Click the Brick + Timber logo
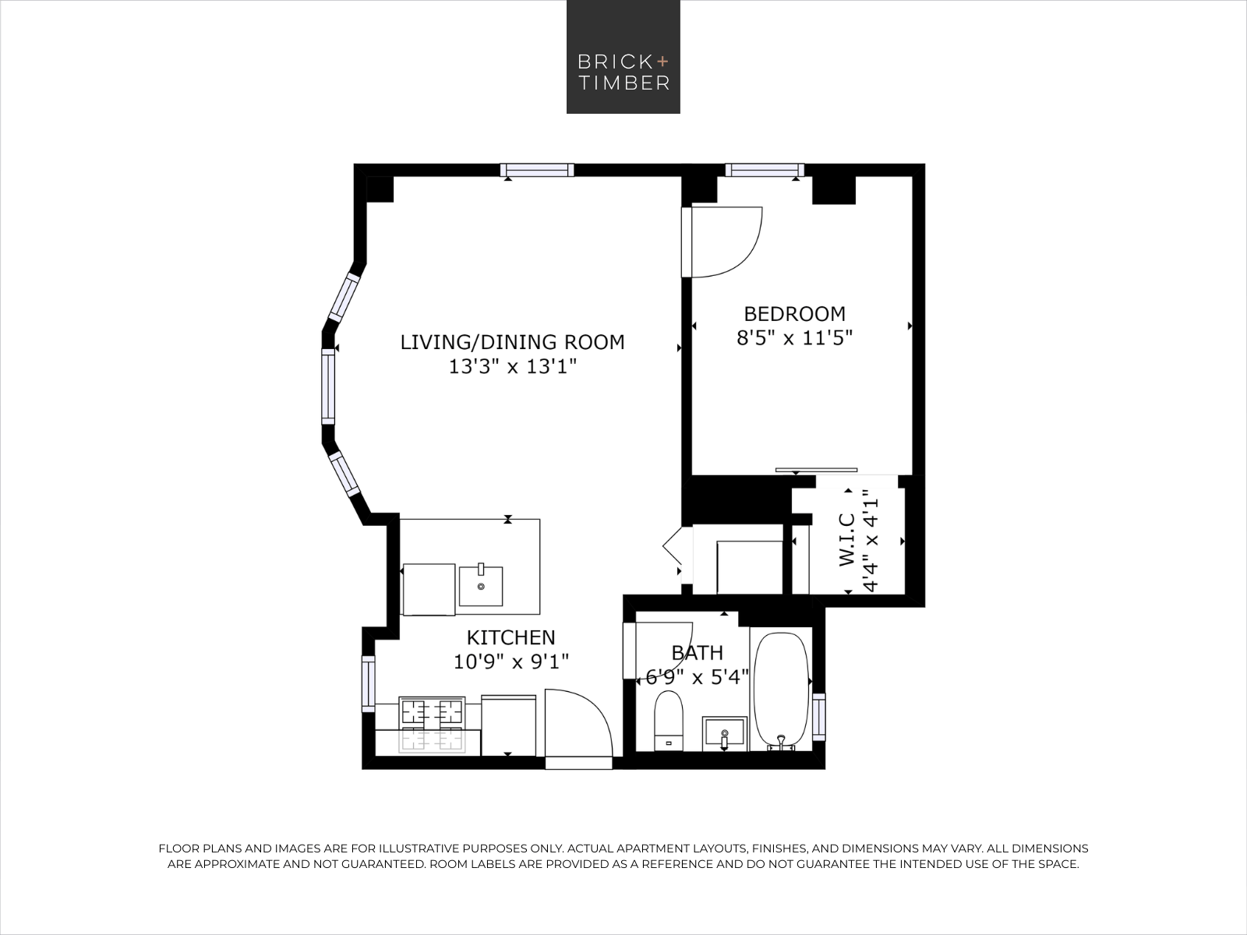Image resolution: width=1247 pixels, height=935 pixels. point(623,57)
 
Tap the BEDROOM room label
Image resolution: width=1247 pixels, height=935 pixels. point(794,314)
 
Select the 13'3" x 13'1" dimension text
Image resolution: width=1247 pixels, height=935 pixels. point(512,367)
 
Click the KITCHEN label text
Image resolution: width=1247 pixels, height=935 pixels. point(510,637)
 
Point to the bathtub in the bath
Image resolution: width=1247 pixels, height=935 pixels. point(781,691)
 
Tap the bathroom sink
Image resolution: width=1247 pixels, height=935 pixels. point(724,733)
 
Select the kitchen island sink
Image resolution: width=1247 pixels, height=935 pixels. point(481,585)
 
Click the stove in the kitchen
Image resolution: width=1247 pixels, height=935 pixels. point(432,725)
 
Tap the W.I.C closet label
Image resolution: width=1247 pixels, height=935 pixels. point(846,539)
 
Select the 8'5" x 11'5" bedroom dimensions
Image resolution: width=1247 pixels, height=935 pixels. point(795,338)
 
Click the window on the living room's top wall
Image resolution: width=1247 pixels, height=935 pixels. point(537,170)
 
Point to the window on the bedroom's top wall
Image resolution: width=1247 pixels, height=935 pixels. point(765,170)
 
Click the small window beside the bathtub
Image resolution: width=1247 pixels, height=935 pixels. point(818,717)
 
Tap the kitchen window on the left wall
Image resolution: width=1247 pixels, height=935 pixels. point(369,683)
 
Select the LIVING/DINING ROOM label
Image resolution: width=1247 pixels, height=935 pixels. point(512,342)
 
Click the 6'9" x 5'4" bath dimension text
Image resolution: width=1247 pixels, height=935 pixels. point(697,677)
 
